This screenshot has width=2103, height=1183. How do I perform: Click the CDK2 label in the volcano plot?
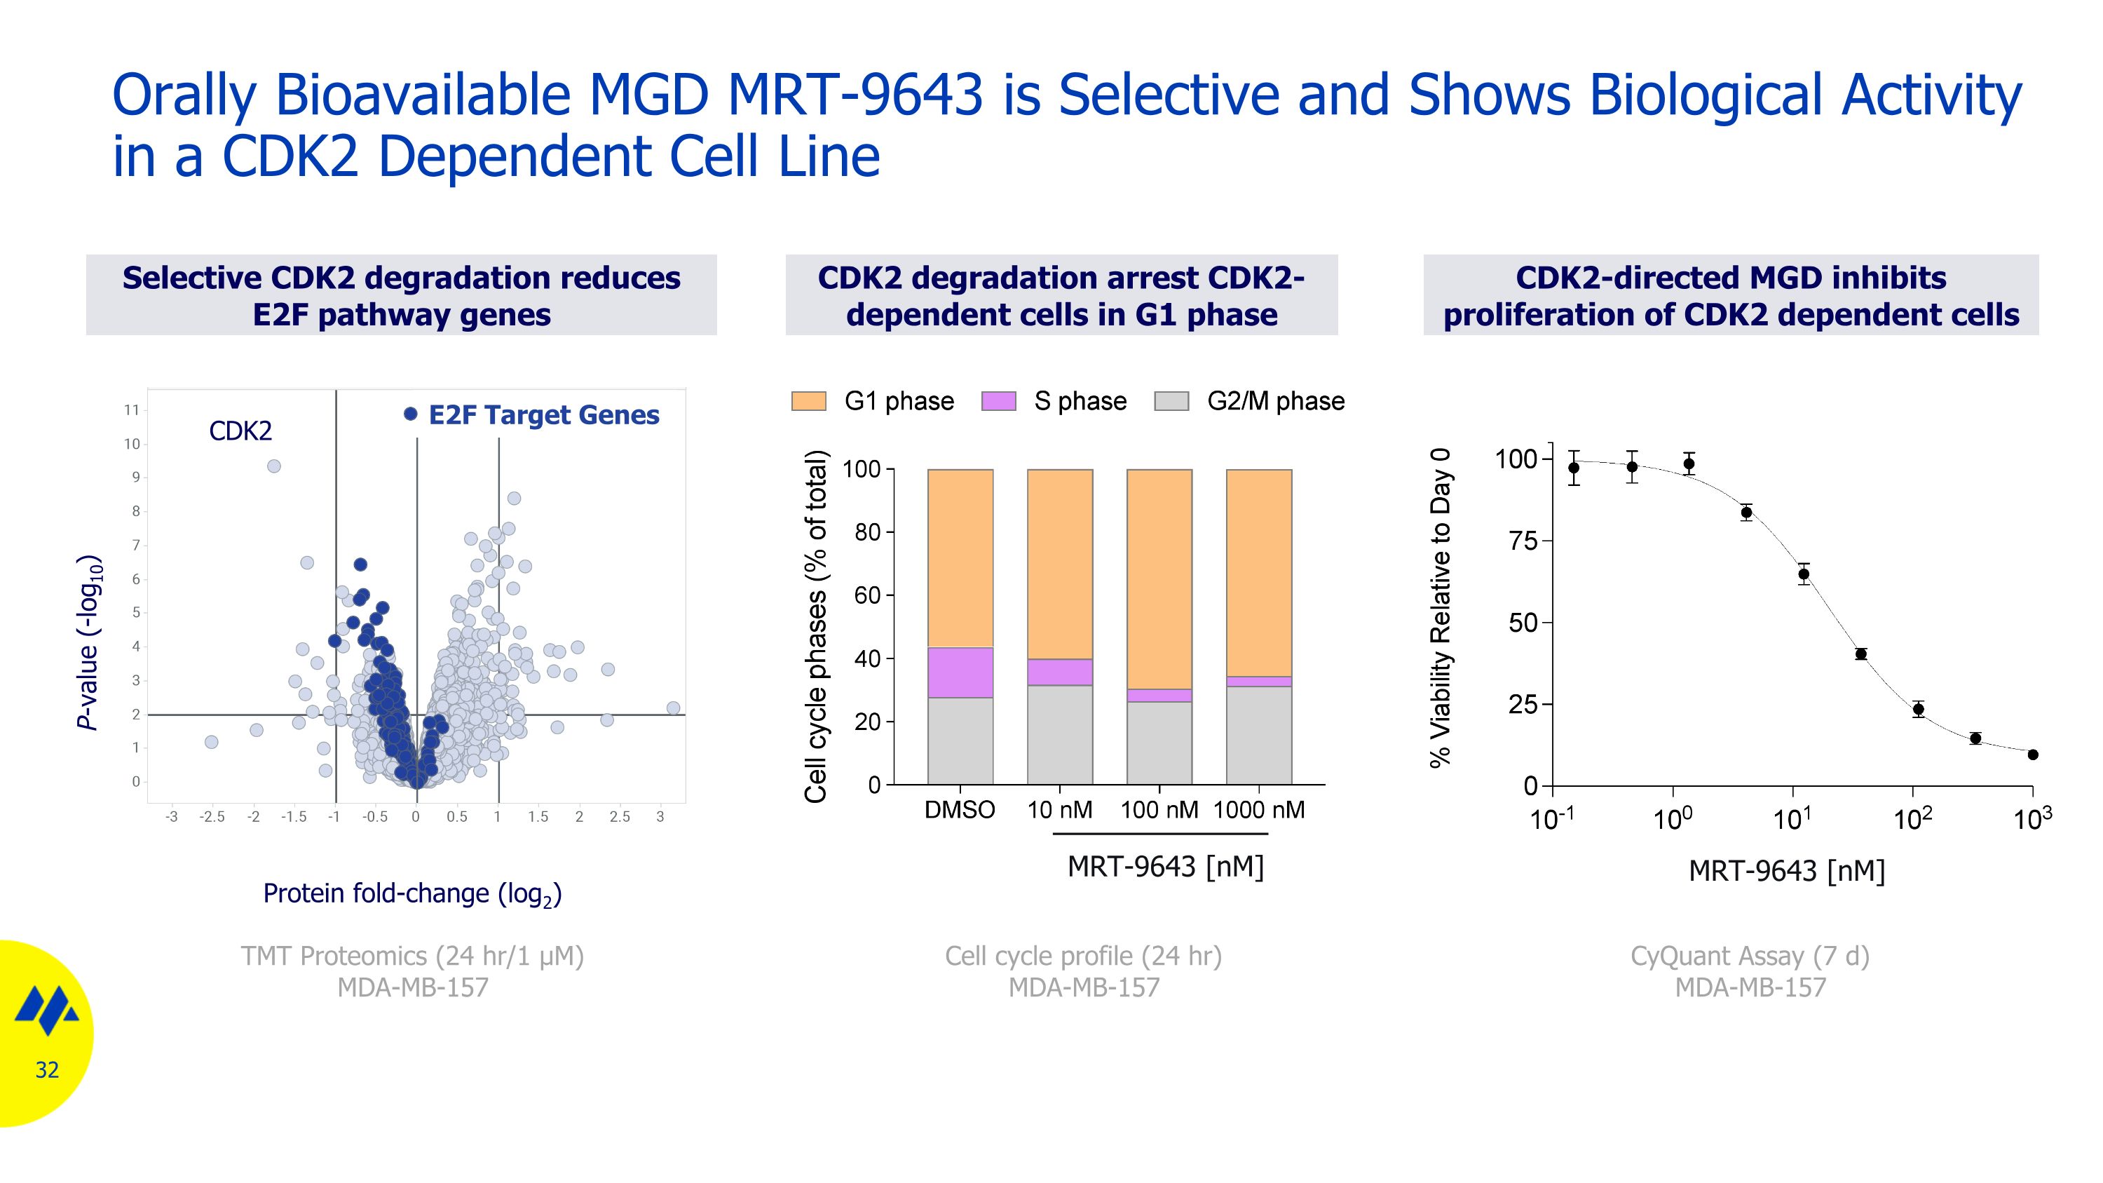pyautogui.click(x=240, y=431)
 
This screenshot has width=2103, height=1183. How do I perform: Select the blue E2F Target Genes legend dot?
pyautogui.click(x=411, y=414)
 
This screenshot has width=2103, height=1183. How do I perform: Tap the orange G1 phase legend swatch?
pyautogui.click(x=808, y=401)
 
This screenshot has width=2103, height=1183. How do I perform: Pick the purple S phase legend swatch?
pyautogui.click(x=998, y=401)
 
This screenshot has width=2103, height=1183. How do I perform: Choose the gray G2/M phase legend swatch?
pyautogui.click(x=1171, y=401)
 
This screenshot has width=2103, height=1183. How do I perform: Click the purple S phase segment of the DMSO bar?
pyautogui.click(x=960, y=672)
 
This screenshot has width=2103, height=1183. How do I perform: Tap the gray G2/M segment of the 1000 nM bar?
pyautogui.click(x=1259, y=735)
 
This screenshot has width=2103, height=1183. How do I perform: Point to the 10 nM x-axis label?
pyautogui.click(x=1060, y=811)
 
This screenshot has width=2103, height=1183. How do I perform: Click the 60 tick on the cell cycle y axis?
pyautogui.click(x=868, y=595)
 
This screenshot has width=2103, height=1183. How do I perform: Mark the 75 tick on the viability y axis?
pyautogui.click(x=1523, y=541)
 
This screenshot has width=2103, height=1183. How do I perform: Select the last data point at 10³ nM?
pyautogui.click(x=2033, y=755)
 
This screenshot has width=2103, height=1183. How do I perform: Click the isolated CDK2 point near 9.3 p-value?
pyautogui.click(x=274, y=466)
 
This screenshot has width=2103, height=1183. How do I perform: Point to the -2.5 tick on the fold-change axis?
pyautogui.click(x=212, y=816)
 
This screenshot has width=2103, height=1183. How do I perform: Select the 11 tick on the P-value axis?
pyautogui.click(x=132, y=410)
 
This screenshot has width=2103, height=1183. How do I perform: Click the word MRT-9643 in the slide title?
pyautogui.click(x=855, y=95)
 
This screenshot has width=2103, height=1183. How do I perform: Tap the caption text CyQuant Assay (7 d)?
pyautogui.click(x=1750, y=956)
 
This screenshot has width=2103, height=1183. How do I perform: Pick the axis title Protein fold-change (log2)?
pyautogui.click(x=412, y=893)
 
